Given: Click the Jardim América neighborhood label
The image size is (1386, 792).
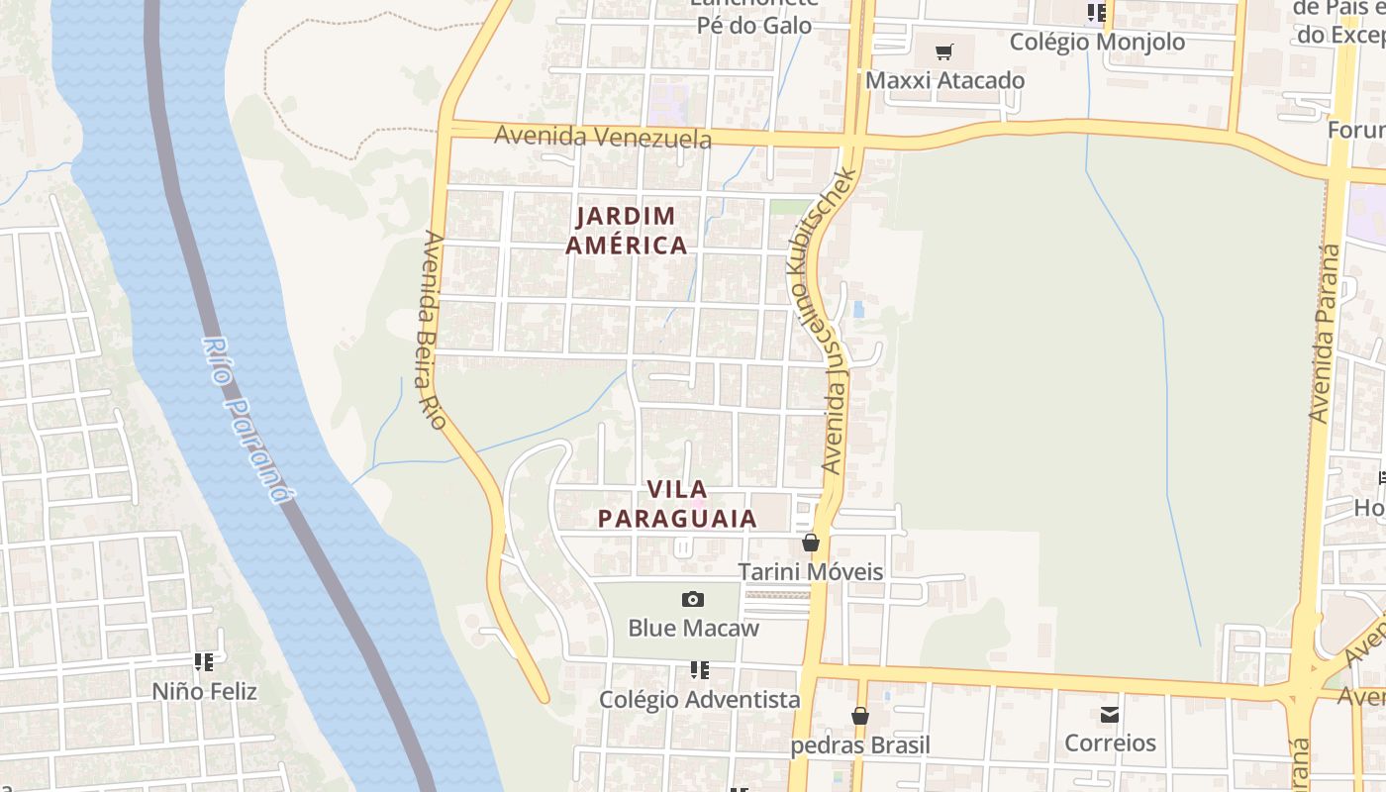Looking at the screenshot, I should point(627,231).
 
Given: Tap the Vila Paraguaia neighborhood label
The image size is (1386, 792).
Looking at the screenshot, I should point(677,504).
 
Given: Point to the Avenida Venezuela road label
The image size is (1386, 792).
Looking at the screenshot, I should point(602,136).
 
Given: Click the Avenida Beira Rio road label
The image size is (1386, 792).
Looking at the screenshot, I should point(431,330).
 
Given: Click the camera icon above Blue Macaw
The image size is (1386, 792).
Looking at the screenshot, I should point(693,599).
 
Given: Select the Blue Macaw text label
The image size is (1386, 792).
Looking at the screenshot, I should point(693,628).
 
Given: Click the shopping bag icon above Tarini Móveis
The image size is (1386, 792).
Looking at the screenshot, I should point(811,543).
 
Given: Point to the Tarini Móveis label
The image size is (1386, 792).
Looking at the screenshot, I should point(811,571).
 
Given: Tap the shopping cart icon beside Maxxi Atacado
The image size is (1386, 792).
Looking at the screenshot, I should point(944,51).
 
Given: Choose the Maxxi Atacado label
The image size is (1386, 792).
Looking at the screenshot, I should point(944,80).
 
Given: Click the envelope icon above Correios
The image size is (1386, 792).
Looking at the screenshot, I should point(1110,714).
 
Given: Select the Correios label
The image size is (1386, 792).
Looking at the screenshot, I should point(1110,742).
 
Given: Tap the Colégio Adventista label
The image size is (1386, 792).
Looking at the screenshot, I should point(699,699).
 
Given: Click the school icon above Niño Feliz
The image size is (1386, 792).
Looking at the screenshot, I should point(204,662).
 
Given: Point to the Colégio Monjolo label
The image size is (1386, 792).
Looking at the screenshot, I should point(1097,42).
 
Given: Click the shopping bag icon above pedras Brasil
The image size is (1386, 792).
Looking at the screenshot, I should point(860,716).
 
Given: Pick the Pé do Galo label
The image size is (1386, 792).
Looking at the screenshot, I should point(754,26).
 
